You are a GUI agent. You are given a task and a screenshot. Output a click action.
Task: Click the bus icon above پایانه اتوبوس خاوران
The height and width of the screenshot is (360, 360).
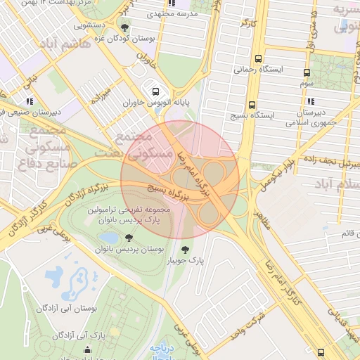click(x=155, y=91)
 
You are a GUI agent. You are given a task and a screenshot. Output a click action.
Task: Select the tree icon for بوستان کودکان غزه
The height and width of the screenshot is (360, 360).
click(x=125, y=28)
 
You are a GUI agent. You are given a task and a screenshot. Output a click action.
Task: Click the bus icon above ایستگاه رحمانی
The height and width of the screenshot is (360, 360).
click(x=259, y=58)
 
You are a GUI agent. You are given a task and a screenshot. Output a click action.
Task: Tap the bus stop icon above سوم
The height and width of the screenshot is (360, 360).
click(x=307, y=72)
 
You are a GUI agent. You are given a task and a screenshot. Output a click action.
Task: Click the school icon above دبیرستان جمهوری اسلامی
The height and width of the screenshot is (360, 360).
click(x=309, y=101)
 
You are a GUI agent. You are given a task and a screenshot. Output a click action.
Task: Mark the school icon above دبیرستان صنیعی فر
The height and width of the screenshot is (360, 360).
click(x=30, y=101)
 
